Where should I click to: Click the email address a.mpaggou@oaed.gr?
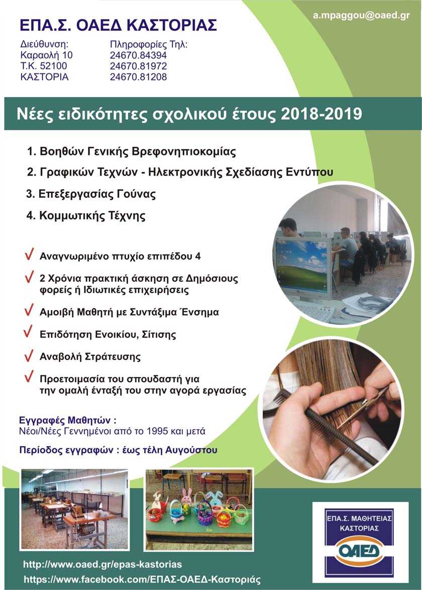click(361, 16)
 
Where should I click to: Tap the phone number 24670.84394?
click(138, 55)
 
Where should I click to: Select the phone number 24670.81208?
click(138, 77)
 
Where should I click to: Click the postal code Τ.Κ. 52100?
click(44, 66)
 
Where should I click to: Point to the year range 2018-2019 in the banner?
click(322, 113)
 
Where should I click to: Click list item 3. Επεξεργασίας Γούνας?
click(91, 194)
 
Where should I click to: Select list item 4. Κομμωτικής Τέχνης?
click(86, 216)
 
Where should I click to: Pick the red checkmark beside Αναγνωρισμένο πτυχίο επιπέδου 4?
click(29, 255)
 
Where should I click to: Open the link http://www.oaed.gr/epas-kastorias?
click(103, 564)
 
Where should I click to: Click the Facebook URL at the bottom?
click(142, 579)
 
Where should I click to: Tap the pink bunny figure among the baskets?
click(186, 496)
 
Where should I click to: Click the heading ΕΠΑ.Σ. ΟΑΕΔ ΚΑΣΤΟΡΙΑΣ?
click(119, 25)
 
